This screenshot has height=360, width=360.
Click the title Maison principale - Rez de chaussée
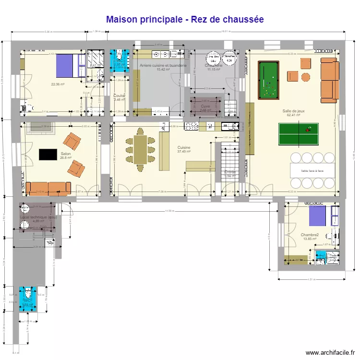pos(185,19)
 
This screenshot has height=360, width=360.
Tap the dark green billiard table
pos(268,80)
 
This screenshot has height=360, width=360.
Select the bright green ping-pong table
pos(298,134)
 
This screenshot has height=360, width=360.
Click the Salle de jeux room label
pos(293,111)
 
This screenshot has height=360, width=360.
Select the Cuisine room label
pos(183,147)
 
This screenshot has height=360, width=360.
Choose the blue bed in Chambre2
pos(317,216)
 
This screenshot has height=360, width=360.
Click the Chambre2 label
pos(310,235)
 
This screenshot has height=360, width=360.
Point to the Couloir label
pos(120,96)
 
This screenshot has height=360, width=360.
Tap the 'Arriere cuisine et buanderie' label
pos(163,65)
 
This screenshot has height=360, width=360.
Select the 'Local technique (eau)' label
pos(38,217)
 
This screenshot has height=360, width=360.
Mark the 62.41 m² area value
pos(293,115)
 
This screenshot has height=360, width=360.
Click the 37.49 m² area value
pos(183,152)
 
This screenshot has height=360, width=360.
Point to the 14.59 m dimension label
pos(168,211)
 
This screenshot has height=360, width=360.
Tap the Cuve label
pos(205,106)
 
